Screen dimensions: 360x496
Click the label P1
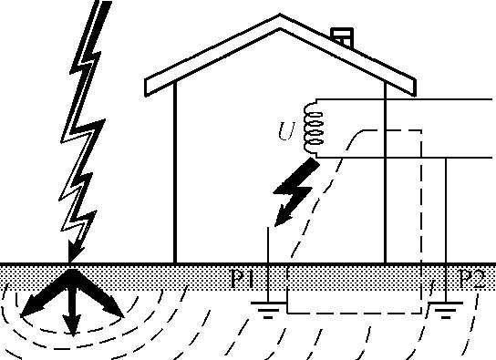point(243,278)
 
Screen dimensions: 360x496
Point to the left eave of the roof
point(155,88)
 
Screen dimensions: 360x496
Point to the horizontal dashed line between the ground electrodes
point(356,312)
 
